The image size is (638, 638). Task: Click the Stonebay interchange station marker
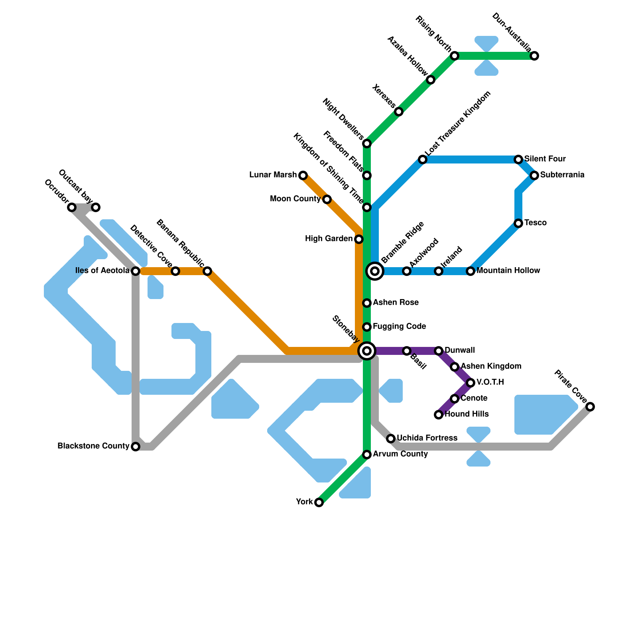click(x=367, y=351)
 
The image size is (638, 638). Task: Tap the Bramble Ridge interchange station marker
click(x=375, y=271)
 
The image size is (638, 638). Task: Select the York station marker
click(x=319, y=502)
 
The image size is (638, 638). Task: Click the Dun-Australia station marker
click(x=534, y=56)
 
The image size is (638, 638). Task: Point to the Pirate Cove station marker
click(x=590, y=407)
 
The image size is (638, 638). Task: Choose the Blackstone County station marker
click(x=136, y=447)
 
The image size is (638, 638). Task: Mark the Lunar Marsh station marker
click(x=303, y=175)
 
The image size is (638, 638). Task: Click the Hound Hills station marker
click(x=439, y=415)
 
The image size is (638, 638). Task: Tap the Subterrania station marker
click(x=534, y=175)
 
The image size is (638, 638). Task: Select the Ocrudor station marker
click(x=72, y=207)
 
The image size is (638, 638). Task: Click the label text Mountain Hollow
click(x=508, y=271)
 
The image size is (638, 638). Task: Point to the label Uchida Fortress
click(x=427, y=438)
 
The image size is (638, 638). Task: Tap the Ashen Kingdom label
click(x=491, y=366)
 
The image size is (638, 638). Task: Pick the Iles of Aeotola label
click(x=102, y=271)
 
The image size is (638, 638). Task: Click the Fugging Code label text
click(x=399, y=327)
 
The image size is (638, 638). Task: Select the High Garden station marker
click(x=359, y=239)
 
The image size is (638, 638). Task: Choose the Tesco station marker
click(x=518, y=223)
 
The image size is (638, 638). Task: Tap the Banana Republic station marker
click(x=207, y=271)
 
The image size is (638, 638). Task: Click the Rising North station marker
click(x=455, y=56)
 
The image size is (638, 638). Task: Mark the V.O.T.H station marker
click(x=471, y=383)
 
